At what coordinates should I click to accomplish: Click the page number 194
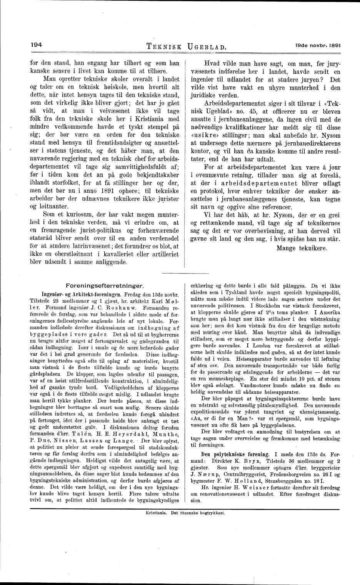click(37, 44)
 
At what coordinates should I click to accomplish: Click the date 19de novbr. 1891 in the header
click(318, 45)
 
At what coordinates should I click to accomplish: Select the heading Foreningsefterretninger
click(105, 286)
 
